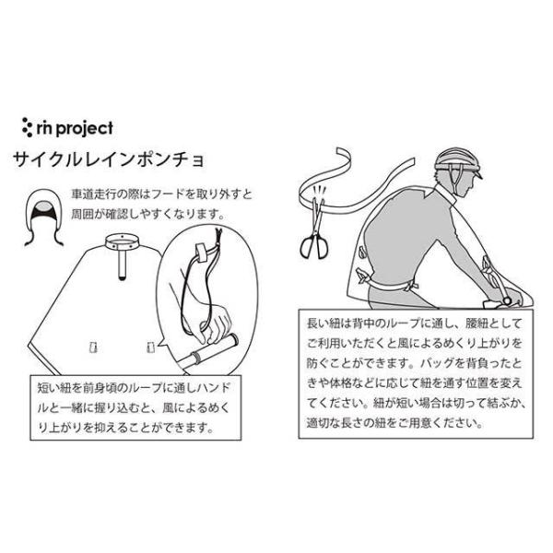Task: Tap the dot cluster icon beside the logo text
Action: (28, 126)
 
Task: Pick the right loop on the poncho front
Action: (149, 344)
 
